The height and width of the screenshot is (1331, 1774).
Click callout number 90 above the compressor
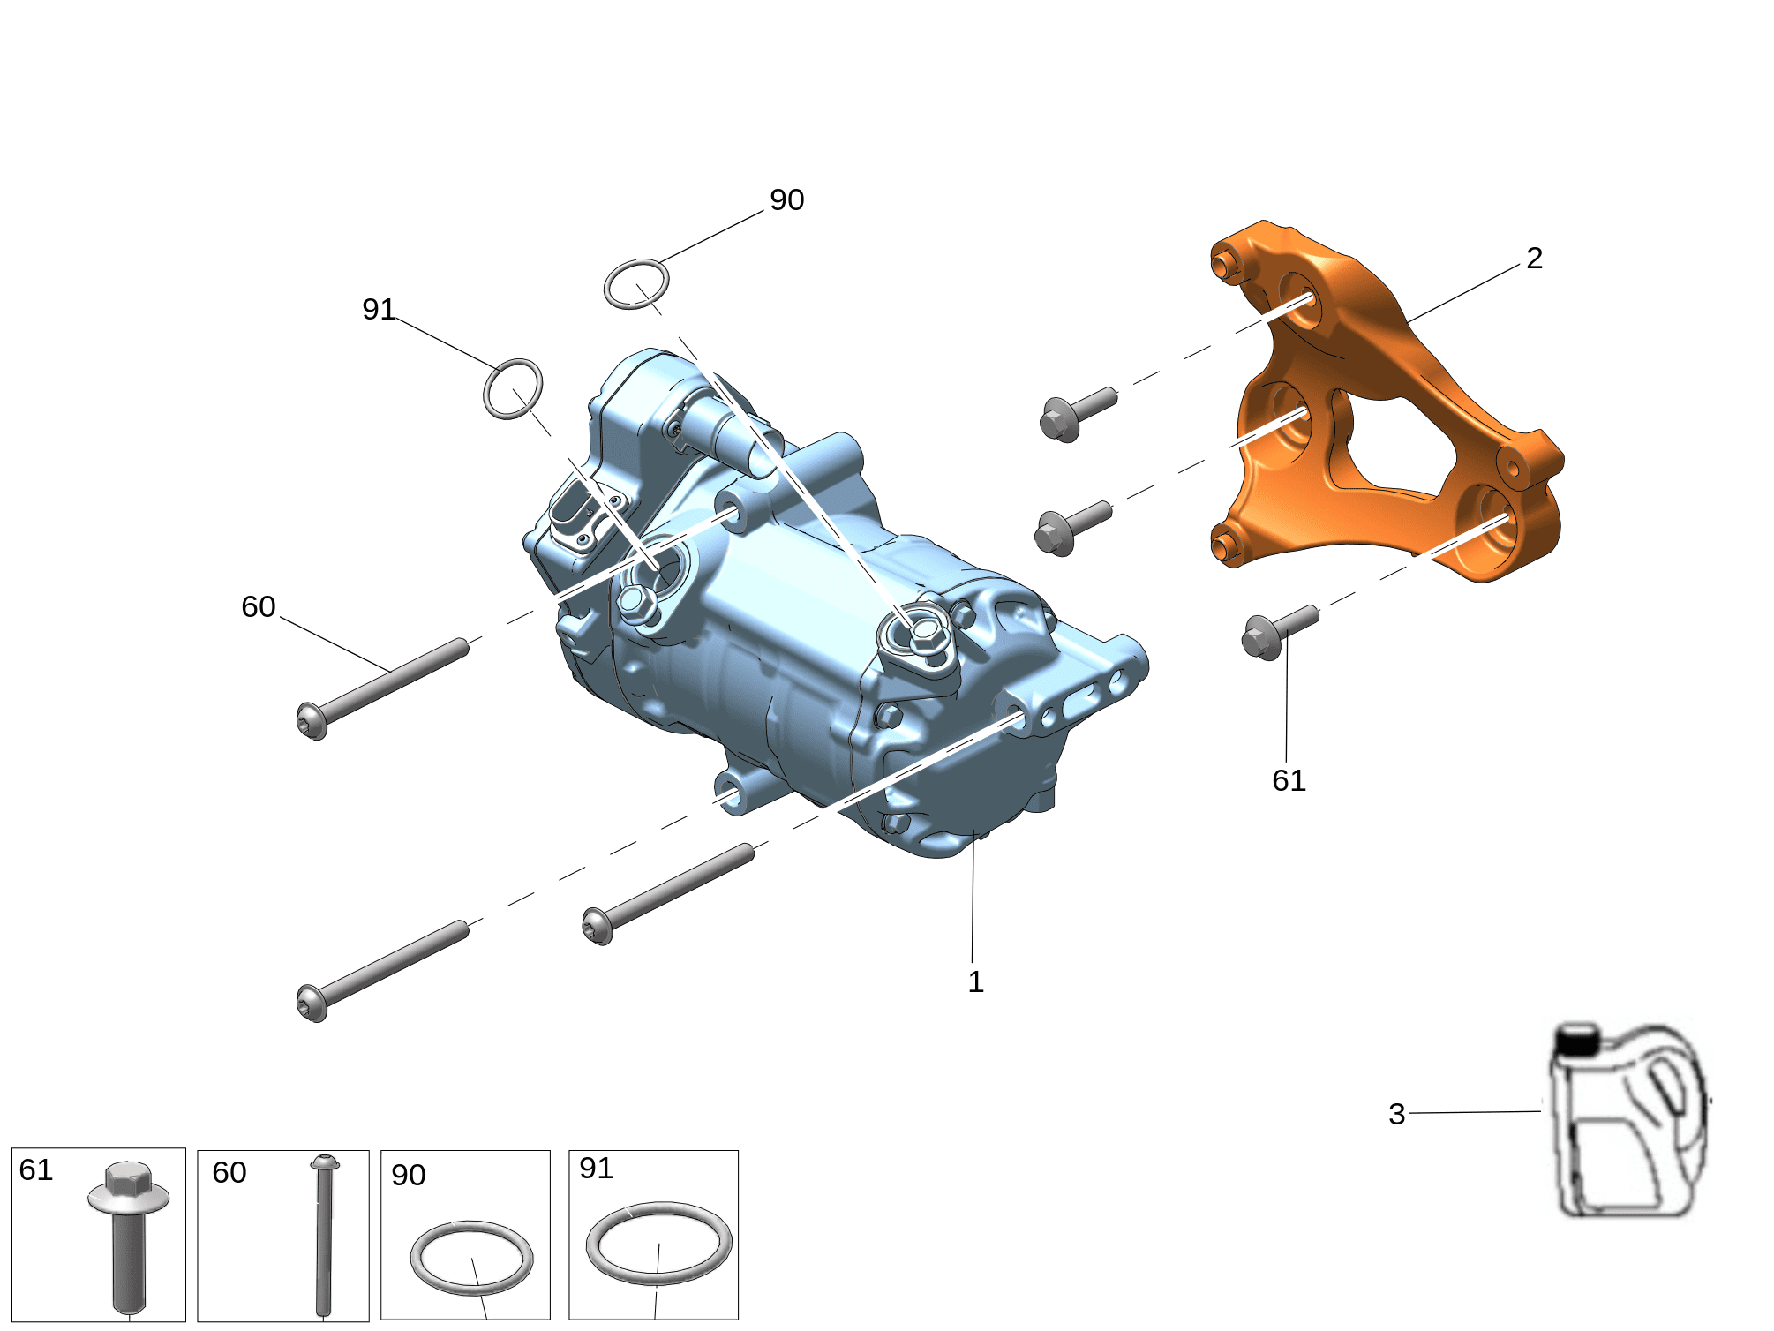coord(786,200)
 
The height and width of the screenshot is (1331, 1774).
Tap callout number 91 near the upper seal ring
coord(379,309)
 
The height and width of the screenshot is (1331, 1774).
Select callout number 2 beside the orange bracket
coord(1534,258)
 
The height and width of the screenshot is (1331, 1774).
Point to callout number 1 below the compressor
coord(975,981)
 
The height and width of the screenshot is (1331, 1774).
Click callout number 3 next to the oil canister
coord(1396,1114)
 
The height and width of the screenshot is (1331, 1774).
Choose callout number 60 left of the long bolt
coord(259,606)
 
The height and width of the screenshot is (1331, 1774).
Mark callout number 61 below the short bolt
coord(1289,780)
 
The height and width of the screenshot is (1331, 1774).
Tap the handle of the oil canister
coord(1669,1086)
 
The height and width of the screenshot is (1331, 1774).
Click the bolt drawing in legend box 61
coord(129,1236)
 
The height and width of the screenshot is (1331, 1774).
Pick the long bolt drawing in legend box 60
coord(324,1236)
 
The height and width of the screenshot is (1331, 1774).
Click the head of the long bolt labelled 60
coord(312,721)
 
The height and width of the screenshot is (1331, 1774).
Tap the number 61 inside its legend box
coord(36,1169)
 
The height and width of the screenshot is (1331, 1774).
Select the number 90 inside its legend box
coord(409,1175)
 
